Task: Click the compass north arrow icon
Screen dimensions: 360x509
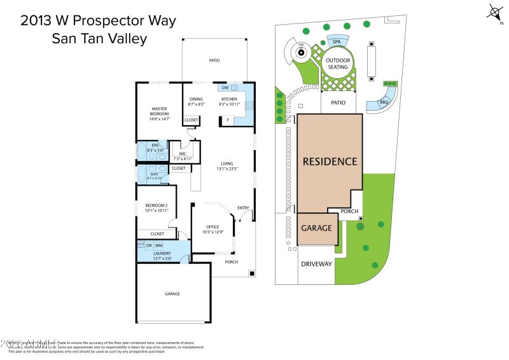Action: pos(495,11)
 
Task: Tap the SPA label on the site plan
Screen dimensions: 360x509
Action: pos(337,41)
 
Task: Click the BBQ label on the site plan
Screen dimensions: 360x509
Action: pos(384,102)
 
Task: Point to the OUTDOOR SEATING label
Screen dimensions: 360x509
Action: pos(337,63)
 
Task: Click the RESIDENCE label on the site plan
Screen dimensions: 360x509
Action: pos(330,162)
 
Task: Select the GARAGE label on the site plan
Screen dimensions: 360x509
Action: pos(317,228)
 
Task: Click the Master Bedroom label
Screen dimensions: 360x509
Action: pos(159,111)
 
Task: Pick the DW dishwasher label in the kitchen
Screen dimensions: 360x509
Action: pos(225,88)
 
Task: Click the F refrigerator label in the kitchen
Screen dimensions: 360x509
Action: pos(228,120)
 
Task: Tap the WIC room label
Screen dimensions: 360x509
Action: pos(183,153)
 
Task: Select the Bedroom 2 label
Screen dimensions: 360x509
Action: pos(156,205)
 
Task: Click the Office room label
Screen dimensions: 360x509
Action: pos(213,227)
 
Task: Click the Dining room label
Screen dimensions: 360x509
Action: pos(196,99)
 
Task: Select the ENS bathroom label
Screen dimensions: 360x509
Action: pos(155,145)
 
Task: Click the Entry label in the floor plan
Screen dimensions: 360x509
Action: pos(243,208)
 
